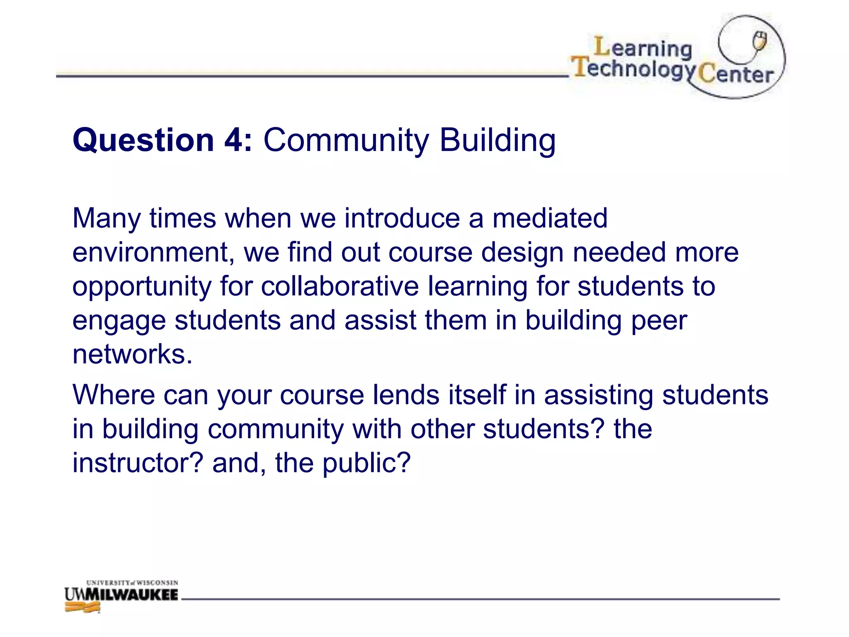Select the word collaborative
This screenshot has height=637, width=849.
tap(340, 287)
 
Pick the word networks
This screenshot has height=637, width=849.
tap(132, 355)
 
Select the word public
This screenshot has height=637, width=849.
tap(366, 464)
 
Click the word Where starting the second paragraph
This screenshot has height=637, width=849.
tap(114, 395)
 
